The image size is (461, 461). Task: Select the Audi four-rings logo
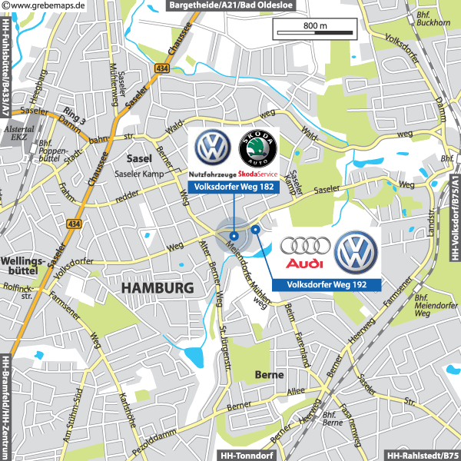[305, 247]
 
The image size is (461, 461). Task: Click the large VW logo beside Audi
[357, 252]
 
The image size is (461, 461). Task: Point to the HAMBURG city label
[158, 288]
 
